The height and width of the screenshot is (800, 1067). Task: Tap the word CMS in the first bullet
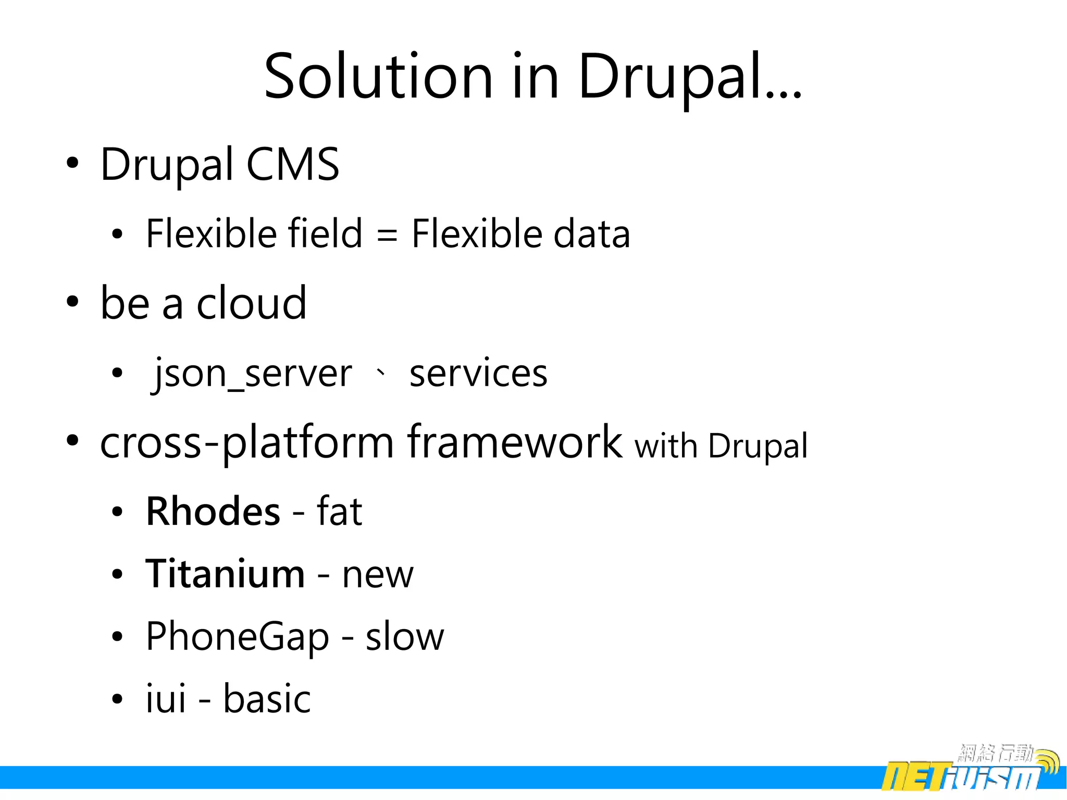tap(292, 165)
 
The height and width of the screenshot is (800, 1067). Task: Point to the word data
tap(591, 235)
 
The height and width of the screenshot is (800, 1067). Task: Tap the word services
tap(478, 374)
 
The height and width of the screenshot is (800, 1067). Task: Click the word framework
tap(515, 442)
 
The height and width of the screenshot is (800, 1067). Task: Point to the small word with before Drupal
tap(665, 446)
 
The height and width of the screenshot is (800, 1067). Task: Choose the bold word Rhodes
tap(213, 512)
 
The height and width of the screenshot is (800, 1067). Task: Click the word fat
tap(339, 512)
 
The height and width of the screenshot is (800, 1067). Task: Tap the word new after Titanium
tap(378, 575)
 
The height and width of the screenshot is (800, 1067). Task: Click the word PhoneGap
tap(238, 637)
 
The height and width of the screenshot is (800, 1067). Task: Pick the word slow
tap(405, 637)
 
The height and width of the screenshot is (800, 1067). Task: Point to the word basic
tap(267, 699)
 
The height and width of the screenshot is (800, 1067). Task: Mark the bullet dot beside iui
tap(117, 699)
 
